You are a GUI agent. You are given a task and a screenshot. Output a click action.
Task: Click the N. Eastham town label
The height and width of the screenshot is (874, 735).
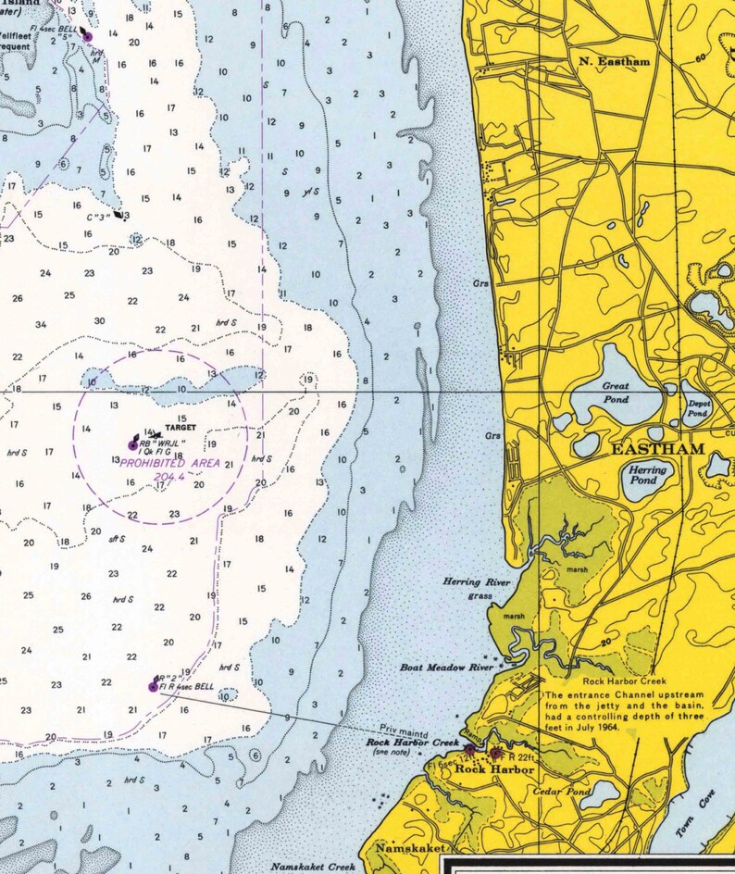tap(615, 61)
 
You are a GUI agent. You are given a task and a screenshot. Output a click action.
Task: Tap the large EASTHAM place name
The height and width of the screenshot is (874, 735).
tap(657, 449)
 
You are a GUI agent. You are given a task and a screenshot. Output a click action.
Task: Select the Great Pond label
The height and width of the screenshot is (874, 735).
tap(616, 393)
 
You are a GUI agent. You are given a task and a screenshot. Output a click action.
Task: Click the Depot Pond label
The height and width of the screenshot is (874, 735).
tap(698, 408)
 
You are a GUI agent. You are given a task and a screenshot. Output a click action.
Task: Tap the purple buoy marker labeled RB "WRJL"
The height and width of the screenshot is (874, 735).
tap(132, 445)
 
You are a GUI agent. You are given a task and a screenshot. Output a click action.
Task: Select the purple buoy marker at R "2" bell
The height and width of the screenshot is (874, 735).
tap(153, 686)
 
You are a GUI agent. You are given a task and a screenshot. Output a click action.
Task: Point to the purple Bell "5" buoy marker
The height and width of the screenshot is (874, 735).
tap(88, 36)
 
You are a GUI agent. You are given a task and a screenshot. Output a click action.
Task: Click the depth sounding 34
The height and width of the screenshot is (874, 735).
tap(41, 325)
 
